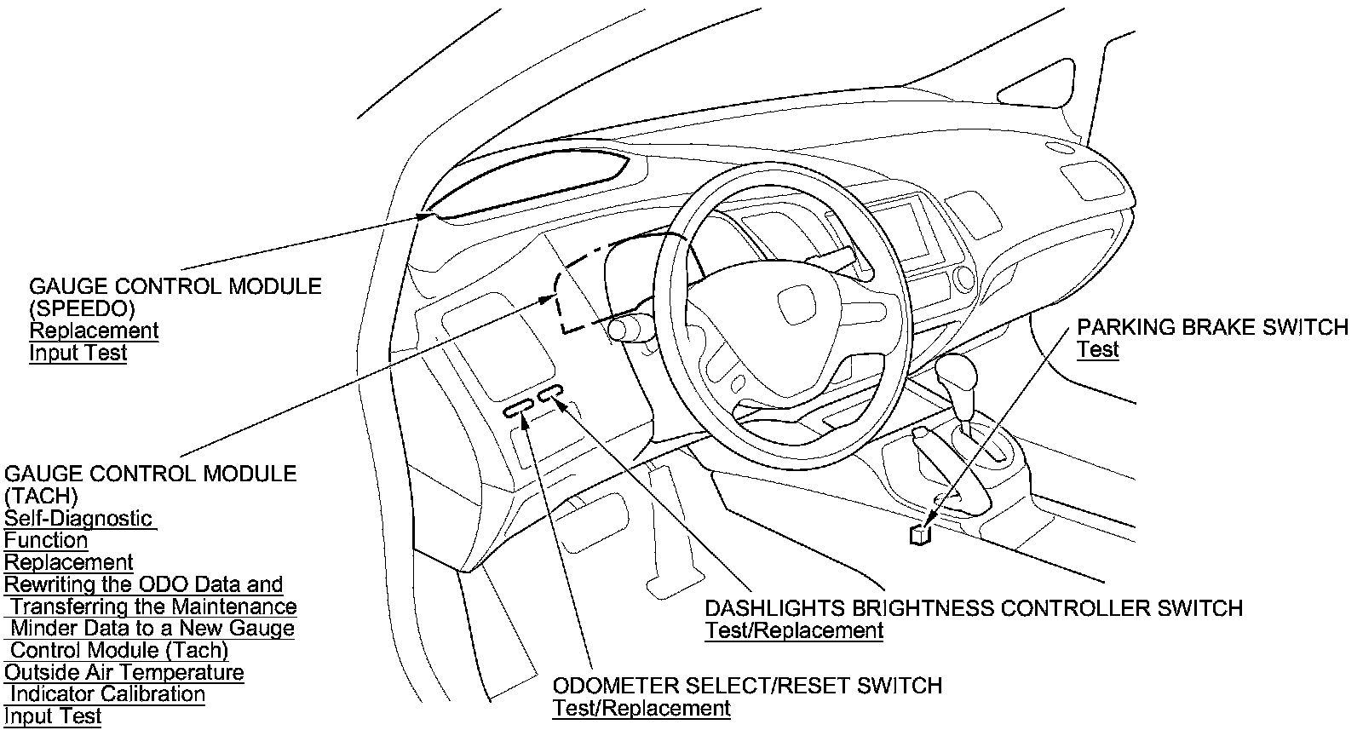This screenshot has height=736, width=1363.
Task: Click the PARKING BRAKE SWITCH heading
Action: point(1212,328)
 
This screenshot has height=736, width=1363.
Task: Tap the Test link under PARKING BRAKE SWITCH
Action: point(1097,350)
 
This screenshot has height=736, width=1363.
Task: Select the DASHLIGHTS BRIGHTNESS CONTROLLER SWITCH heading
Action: point(974,608)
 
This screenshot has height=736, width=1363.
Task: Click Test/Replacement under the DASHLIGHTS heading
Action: point(794,631)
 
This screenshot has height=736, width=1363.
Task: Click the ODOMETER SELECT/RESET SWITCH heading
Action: point(747,686)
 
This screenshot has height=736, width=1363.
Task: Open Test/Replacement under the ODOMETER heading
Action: point(641,708)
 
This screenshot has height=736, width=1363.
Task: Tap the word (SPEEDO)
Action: point(82,308)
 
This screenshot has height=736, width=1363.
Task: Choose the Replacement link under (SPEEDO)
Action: point(94,331)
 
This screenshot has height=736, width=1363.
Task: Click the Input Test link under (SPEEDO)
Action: point(78,353)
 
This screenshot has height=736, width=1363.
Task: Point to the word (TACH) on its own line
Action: point(41,496)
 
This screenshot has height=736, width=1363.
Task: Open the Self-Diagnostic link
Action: point(78,518)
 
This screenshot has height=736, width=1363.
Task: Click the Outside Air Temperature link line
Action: point(124,672)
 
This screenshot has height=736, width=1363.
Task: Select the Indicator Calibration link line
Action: point(107,694)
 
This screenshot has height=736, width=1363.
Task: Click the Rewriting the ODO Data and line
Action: point(143,584)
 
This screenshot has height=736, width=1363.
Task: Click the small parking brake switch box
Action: point(920,534)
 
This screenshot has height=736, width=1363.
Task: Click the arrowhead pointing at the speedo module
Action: point(427,216)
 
